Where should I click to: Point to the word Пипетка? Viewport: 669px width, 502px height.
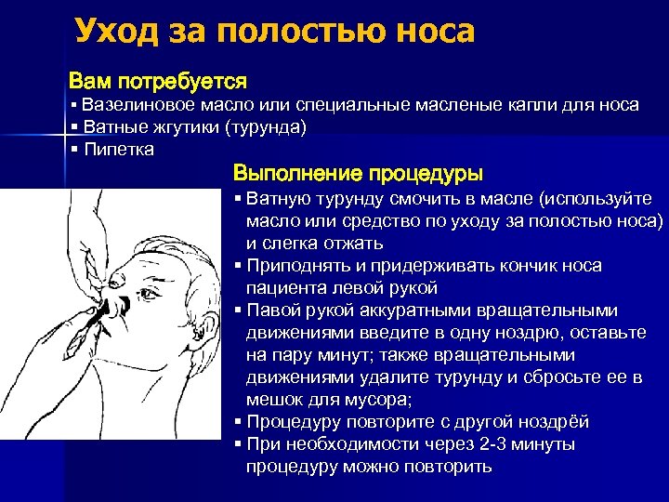point(119,149)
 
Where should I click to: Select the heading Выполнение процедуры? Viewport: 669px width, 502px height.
point(358,173)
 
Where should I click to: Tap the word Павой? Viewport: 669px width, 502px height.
point(272,310)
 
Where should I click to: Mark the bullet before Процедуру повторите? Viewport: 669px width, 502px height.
point(239,422)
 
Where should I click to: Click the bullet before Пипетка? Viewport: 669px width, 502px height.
point(73,149)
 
